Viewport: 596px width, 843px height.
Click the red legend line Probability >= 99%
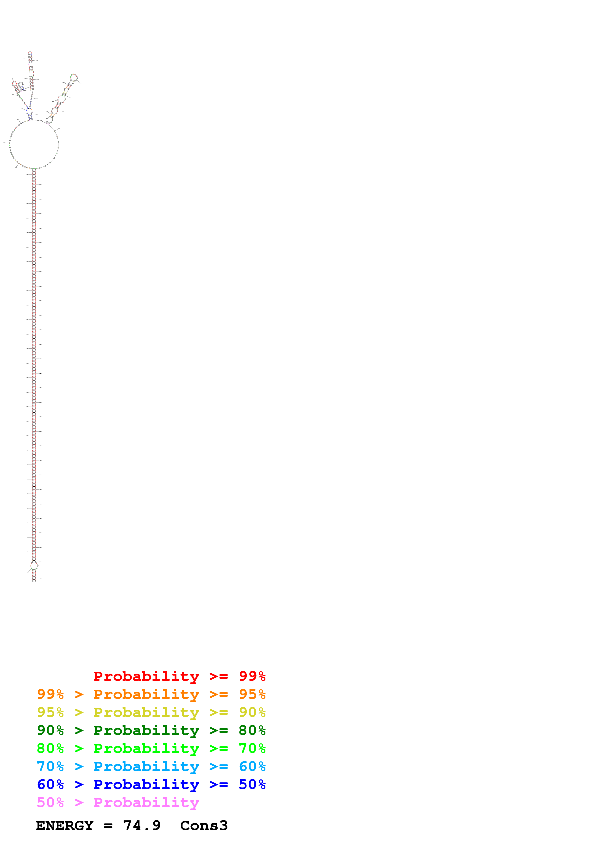coord(179,676)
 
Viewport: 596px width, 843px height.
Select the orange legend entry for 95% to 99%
coord(151,694)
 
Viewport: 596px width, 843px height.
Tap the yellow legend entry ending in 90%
coord(151,712)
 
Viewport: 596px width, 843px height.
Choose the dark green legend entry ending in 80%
coord(151,730)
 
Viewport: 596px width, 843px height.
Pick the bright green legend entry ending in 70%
coord(151,748)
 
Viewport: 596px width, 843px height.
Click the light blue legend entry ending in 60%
coord(151,766)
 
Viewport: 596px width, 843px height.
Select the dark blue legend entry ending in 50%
coord(151,784)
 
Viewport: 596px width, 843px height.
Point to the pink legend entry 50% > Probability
coord(118,802)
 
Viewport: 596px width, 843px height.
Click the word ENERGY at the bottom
coord(65,826)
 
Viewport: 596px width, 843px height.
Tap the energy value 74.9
coord(142,826)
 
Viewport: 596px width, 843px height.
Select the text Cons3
coord(204,826)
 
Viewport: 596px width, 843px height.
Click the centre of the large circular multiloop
coord(34,144)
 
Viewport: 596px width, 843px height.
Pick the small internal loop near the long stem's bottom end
coord(34,566)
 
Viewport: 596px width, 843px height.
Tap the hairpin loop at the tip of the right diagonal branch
coord(74,77)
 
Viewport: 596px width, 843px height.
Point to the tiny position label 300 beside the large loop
coord(6,143)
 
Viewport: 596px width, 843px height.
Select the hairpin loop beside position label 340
coord(15,84)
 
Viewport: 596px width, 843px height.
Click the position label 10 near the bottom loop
coord(28,572)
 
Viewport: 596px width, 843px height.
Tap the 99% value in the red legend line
coord(252,676)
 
